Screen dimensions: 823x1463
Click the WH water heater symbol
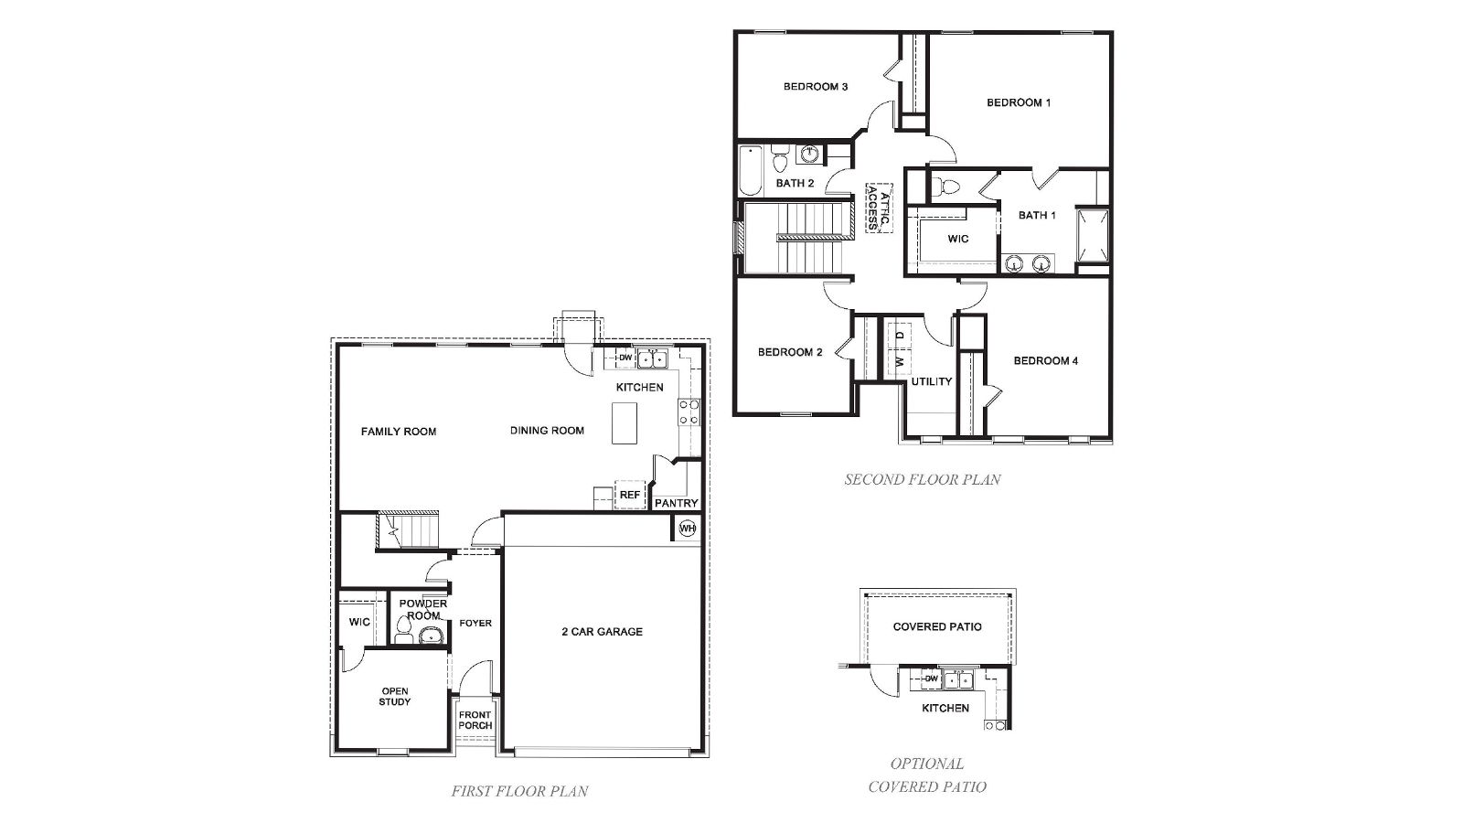point(687,529)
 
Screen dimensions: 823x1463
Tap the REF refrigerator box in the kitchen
point(629,495)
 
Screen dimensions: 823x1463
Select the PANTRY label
point(677,503)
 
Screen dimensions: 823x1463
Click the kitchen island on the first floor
point(625,425)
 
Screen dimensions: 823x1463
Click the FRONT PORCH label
point(475,721)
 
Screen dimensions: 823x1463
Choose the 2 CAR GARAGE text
point(602,631)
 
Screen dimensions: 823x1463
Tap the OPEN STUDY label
point(394,697)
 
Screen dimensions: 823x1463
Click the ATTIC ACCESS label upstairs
point(878,207)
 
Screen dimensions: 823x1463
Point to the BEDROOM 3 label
point(816,87)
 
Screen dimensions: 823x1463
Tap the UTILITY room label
point(931,381)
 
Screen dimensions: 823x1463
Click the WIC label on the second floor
point(957,239)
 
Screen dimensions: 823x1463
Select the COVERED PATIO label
point(937,626)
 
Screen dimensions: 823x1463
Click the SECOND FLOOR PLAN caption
point(922,479)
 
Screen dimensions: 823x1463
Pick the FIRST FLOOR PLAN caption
point(519,792)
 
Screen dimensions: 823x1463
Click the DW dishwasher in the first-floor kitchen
point(625,358)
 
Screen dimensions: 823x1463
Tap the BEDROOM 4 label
point(1045,360)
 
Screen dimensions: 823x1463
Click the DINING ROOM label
point(547,431)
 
